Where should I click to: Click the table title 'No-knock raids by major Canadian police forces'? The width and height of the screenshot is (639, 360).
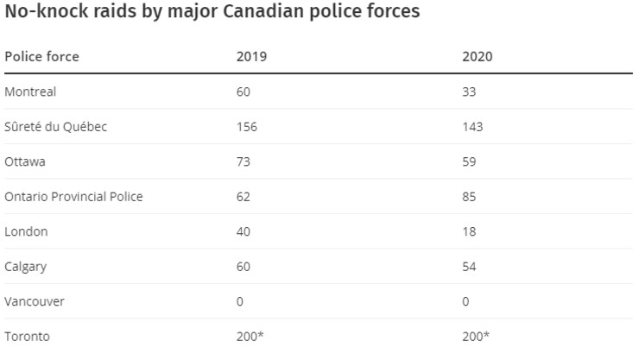(x=212, y=12)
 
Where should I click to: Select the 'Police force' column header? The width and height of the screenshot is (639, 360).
(x=41, y=57)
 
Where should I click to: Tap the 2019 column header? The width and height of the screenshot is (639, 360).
(x=251, y=57)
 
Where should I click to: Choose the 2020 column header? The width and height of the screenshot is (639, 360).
(x=478, y=57)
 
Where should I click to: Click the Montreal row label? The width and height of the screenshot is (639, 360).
(x=30, y=92)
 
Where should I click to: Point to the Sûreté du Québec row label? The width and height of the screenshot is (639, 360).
(x=55, y=127)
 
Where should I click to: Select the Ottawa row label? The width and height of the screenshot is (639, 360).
(x=25, y=161)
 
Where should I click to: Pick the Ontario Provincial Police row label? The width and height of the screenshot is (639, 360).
(x=73, y=197)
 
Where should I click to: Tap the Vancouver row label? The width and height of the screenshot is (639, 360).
(x=35, y=301)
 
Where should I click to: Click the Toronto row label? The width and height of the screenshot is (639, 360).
(x=27, y=337)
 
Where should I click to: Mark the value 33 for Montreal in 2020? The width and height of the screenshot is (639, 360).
(x=470, y=92)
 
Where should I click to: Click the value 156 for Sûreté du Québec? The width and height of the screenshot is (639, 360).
(x=247, y=127)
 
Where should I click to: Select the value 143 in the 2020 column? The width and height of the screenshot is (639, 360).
(x=472, y=127)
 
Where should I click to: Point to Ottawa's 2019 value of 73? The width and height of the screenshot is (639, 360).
(x=244, y=161)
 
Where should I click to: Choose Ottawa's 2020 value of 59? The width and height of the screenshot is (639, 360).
(x=470, y=161)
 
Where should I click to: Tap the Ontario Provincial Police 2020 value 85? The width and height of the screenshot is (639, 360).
(x=470, y=197)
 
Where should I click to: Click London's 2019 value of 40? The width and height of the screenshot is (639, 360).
(x=244, y=231)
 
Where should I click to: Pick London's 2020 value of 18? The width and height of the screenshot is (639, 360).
(x=470, y=231)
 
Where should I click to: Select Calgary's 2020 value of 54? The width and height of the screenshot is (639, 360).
(x=470, y=267)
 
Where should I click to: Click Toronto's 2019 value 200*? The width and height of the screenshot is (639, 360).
(x=250, y=337)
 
